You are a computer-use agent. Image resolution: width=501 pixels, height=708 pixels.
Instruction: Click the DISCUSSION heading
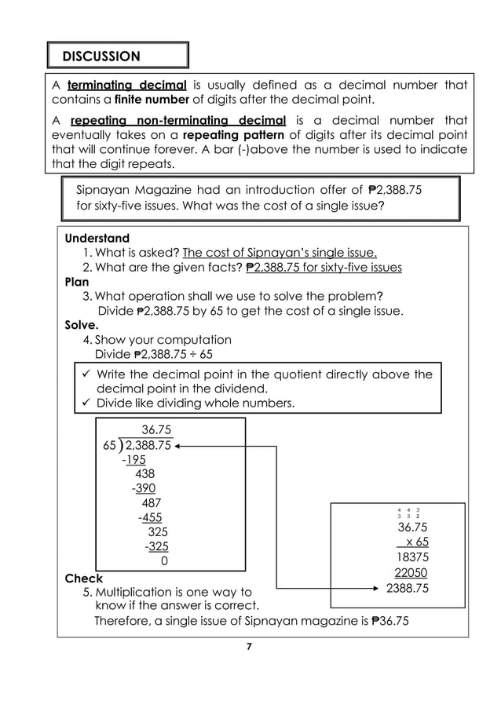[102, 56]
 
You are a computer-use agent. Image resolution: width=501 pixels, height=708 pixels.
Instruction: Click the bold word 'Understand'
[97, 238]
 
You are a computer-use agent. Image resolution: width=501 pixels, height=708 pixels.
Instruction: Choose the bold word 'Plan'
[77, 281]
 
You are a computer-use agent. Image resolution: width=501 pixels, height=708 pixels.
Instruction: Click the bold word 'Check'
[84, 578]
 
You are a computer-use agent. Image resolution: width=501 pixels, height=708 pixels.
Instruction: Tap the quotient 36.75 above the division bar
[155, 429]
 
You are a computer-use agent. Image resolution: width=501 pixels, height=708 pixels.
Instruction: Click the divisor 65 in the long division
[111, 446]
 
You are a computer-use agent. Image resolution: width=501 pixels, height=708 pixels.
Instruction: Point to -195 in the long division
[138, 460]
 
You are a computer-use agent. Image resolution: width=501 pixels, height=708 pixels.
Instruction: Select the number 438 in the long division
[145, 473]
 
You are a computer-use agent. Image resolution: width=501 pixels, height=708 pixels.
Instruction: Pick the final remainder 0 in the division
[163, 561]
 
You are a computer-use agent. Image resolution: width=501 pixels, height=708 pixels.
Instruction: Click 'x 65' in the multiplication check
[413, 542]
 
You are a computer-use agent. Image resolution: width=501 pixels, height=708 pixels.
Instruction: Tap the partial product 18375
[412, 557]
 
